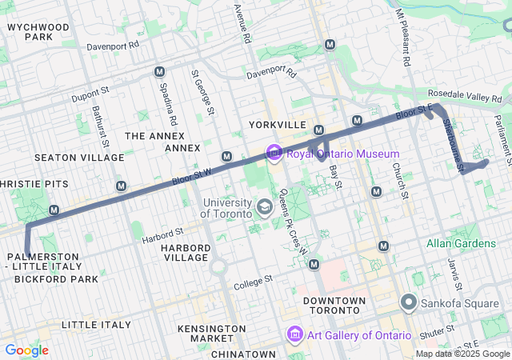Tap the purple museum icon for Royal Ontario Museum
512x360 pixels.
tap(274, 152)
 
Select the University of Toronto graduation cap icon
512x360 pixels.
tap(263, 208)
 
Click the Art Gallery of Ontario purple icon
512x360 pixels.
tap(294, 334)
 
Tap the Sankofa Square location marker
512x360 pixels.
tap(410, 302)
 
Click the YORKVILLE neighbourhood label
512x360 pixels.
tap(278, 126)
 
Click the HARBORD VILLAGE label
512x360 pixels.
tap(186, 253)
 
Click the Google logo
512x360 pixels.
tap(26, 350)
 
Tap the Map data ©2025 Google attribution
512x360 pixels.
tap(462, 354)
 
